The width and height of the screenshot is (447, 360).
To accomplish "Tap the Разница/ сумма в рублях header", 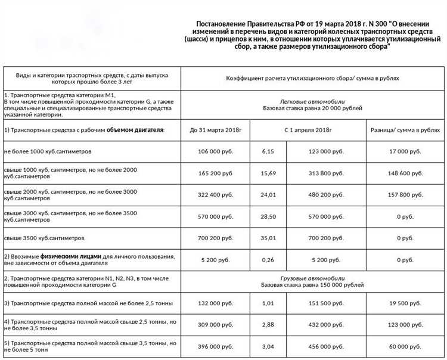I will pyautogui.click(x=405, y=129).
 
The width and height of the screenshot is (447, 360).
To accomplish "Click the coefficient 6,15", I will pyautogui.click(x=268, y=151).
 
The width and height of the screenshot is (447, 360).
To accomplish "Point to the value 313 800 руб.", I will pyautogui.click(x=324, y=173).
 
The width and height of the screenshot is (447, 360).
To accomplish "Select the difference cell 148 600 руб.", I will pyautogui.click(x=405, y=173).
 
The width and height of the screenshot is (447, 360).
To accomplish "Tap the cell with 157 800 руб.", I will pyautogui.click(x=405, y=195).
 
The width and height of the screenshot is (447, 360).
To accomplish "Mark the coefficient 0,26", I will pyautogui.click(x=268, y=260).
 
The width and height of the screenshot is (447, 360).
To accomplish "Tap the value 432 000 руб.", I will pyautogui.click(x=324, y=325).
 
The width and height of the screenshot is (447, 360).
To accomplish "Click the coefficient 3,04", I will pyautogui.click(x=268, y=346).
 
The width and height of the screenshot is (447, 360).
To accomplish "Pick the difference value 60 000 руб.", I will pyautogui.click(x=405, y=346).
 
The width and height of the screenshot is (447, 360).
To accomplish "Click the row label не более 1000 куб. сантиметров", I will pyautogui.click(x=48, y=151).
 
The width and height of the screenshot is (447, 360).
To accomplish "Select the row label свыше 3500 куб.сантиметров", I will pyautogui.click(x=44, y=238).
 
